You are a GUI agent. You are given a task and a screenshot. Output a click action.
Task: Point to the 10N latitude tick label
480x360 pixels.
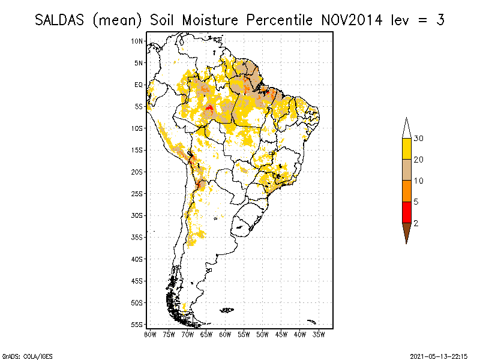click(x=137, y=41)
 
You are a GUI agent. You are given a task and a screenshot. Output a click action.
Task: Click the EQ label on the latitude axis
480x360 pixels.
click(x=139, y=85)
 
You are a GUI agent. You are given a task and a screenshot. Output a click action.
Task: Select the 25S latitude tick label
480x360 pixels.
click(x=137, y=193)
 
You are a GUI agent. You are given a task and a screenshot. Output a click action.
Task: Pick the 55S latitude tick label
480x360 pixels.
click(x=137, y=324)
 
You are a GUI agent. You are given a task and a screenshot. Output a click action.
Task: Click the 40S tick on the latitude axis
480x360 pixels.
click(x=137, y=259)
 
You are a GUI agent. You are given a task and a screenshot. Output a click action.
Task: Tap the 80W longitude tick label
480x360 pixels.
click(x=150, y=334)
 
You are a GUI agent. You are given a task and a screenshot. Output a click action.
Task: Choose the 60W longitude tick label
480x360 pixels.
click(x=226, y=334)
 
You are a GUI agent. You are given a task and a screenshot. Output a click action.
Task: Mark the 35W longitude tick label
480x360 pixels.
click(x=319, y=334)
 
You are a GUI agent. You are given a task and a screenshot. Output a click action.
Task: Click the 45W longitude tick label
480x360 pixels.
click(x=281, y=334)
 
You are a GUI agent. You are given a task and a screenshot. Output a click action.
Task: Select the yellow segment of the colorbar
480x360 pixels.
click(x=406, y=149)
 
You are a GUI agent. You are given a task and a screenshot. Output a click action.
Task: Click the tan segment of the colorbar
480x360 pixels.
click(x=406, y=170)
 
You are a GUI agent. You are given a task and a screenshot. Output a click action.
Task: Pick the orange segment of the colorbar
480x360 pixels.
click(x=406, y=191)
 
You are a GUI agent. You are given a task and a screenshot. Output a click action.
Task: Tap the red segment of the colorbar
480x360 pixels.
click(x=406, y=212)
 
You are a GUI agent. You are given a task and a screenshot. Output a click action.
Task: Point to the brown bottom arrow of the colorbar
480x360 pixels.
click(x=406, y=232)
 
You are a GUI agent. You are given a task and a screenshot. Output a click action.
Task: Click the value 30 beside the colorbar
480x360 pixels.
click(x=419, y=139)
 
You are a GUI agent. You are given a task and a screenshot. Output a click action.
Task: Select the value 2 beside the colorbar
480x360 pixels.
click(x=416, y=223)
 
